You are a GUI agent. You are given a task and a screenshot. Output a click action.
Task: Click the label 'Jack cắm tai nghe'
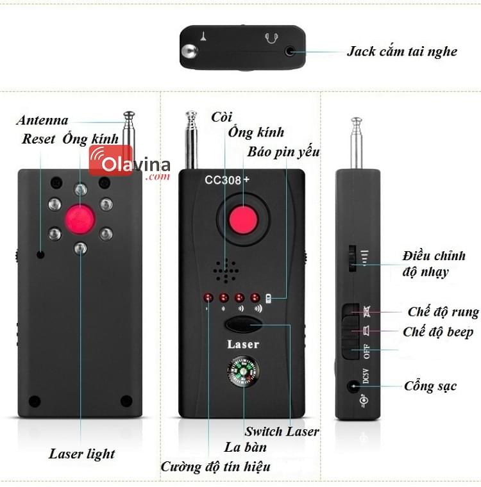(402, 51)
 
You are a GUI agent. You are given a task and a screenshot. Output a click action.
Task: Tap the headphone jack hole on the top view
(292, 50)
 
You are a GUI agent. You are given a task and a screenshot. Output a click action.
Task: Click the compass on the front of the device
(244, 375)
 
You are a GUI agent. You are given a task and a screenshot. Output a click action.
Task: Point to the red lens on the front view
(242, 220)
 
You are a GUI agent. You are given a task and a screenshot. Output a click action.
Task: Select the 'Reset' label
(38, 138)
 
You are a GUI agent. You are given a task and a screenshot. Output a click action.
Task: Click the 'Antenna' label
(42, 120)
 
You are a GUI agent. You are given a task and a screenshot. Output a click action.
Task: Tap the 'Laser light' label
(82, 454)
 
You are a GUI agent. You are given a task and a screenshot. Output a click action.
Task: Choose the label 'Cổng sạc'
(430, 386)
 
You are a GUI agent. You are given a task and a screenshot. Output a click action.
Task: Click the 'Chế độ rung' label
(443, 312)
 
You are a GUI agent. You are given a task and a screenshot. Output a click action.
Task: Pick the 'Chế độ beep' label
(438, 331)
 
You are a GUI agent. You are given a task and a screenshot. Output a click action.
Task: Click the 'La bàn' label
(246, 447)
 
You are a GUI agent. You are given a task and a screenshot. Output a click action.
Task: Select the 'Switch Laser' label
(282, 431)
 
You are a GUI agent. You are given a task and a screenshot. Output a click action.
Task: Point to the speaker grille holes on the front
(224, 271)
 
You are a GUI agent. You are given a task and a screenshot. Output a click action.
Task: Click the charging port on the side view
(352, 386)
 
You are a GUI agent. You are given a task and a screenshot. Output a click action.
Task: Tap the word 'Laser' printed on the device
(243, 345)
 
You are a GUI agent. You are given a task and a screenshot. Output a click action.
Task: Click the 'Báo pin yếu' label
(283, 152)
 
